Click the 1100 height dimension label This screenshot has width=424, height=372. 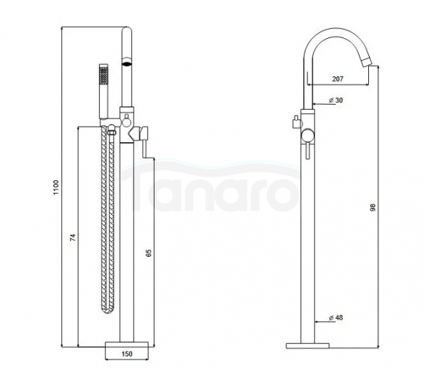56,187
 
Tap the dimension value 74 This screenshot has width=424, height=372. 73,238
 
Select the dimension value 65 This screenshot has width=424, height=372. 148,253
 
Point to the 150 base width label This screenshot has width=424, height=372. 126,354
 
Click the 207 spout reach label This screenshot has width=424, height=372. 338,79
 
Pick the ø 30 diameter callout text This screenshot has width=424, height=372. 336,100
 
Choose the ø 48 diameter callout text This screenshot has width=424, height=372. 336,318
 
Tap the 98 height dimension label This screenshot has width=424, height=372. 373,207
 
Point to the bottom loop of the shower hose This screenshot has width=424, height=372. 108,309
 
